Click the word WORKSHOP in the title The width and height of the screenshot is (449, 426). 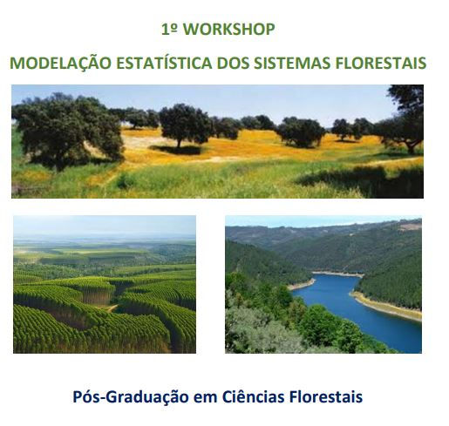coord(229,30)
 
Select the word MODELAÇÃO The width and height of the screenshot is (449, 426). coord(61,63)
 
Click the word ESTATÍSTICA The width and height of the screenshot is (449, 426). coord(164,63)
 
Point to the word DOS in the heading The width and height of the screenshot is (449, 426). coord(233,63)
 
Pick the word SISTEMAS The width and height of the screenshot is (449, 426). coord(292,63)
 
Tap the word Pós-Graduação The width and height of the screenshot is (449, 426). coord(131,396)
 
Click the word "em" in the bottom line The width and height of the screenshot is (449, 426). coord(206,398)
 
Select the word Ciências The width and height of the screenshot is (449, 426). coord(253,396)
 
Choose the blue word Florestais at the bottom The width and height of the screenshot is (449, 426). coord(326,396)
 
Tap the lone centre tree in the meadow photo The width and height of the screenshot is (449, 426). coord(185,125)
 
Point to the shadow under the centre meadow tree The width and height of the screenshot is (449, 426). coord(177,150)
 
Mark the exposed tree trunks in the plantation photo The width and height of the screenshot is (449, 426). coord(96,297)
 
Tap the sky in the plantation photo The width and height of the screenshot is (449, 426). coord(105,225)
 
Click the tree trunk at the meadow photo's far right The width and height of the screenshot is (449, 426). coord(411,147)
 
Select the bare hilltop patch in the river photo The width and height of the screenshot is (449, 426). coord(411,227)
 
